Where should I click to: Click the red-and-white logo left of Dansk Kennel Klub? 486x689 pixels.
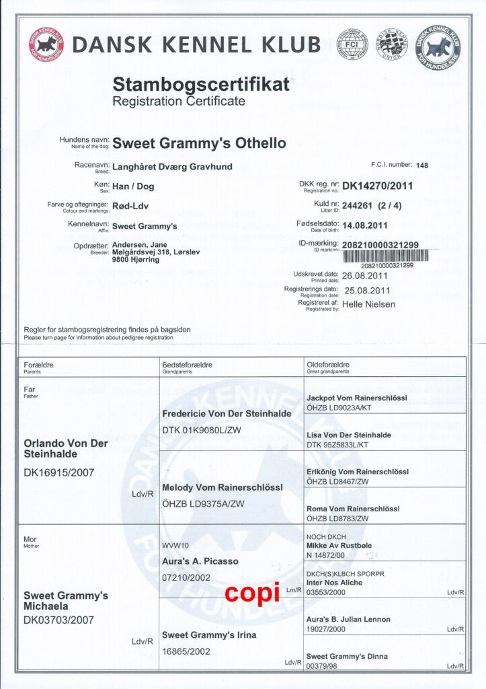coord(46,44)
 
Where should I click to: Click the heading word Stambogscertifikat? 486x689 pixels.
coord(201,85)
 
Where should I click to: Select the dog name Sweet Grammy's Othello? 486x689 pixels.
coord(199,143)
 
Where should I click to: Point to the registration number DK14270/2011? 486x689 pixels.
coord(378,186)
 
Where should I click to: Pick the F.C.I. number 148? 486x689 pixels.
coord(422,165)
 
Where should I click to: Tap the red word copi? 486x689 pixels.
coord(251,593)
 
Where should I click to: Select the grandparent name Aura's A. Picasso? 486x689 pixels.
coord(200,560)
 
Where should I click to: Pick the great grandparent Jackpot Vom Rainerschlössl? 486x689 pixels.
coord(356,398)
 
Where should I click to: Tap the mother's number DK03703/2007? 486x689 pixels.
coord(58,620)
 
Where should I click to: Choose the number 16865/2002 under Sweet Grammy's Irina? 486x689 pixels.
coord(187,651)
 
